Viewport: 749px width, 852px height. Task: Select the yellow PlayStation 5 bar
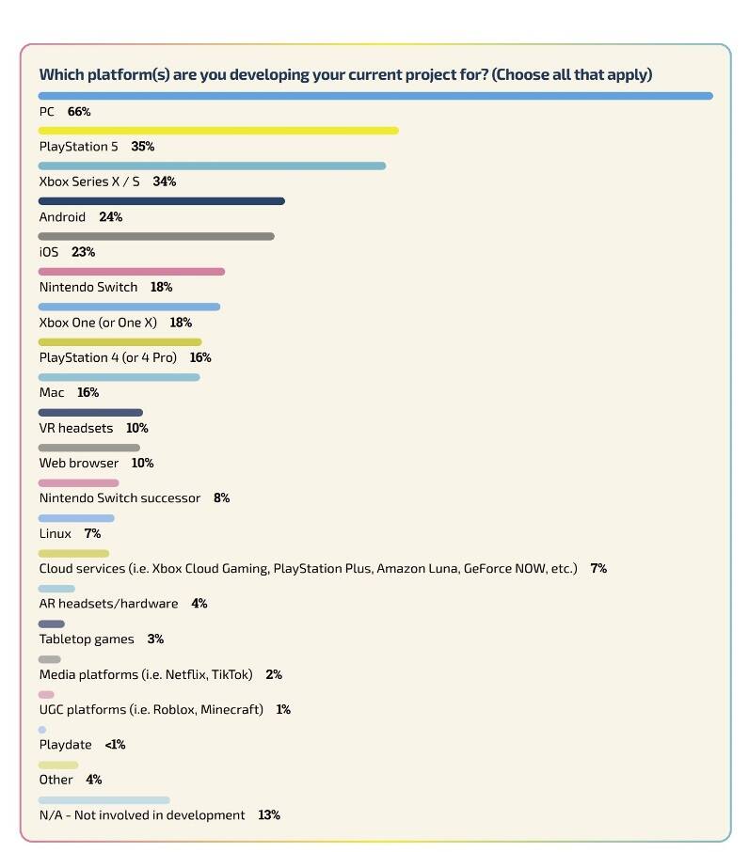tap(218, 131)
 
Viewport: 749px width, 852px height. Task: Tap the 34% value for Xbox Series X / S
tap(164, 181)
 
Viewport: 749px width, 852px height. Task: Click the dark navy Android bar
tap(161, 201)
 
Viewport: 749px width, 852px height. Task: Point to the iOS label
tap(48, 252)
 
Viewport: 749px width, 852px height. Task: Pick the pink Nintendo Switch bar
tap(132, 272)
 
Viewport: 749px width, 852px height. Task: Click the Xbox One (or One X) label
tap(98, 323)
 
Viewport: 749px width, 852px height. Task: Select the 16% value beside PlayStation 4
tap(199, 357)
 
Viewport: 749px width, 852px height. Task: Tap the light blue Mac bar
tap(119, 377)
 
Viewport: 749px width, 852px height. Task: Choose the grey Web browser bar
tap(88, 448)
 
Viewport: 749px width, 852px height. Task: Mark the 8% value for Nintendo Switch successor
tap(221, 497)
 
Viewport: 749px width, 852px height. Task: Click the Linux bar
tap(76, 518)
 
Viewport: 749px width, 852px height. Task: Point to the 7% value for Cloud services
tap(598, 568)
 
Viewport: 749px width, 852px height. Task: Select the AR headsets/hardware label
tap(108, 603)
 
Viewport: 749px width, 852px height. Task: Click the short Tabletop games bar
tap(52, 623)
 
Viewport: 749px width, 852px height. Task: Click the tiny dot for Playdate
tap(42, 730)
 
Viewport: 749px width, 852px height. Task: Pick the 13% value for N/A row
tap(268, 814)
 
